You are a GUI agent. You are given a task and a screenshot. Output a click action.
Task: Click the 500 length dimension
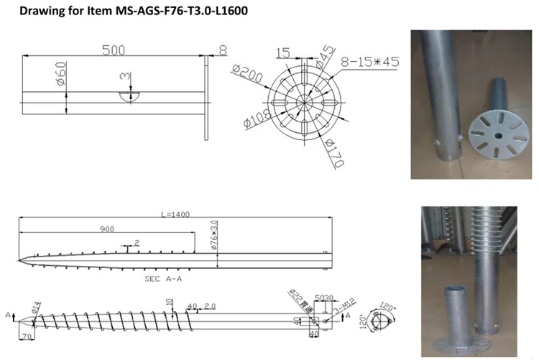114,50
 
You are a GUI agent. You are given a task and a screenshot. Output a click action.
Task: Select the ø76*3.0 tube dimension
213,236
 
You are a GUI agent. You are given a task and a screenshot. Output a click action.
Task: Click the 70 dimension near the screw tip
26,336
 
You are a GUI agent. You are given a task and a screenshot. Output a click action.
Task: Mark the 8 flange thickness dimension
224,50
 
